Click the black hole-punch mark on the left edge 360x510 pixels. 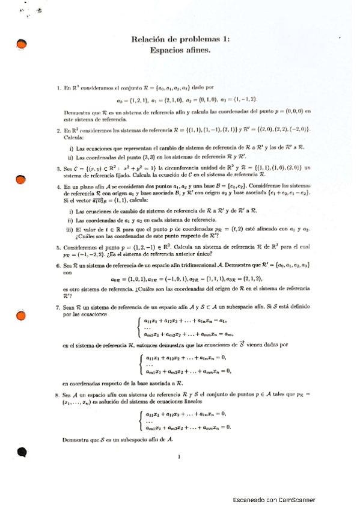click(22, 452)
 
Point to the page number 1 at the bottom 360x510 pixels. click(179, 458)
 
